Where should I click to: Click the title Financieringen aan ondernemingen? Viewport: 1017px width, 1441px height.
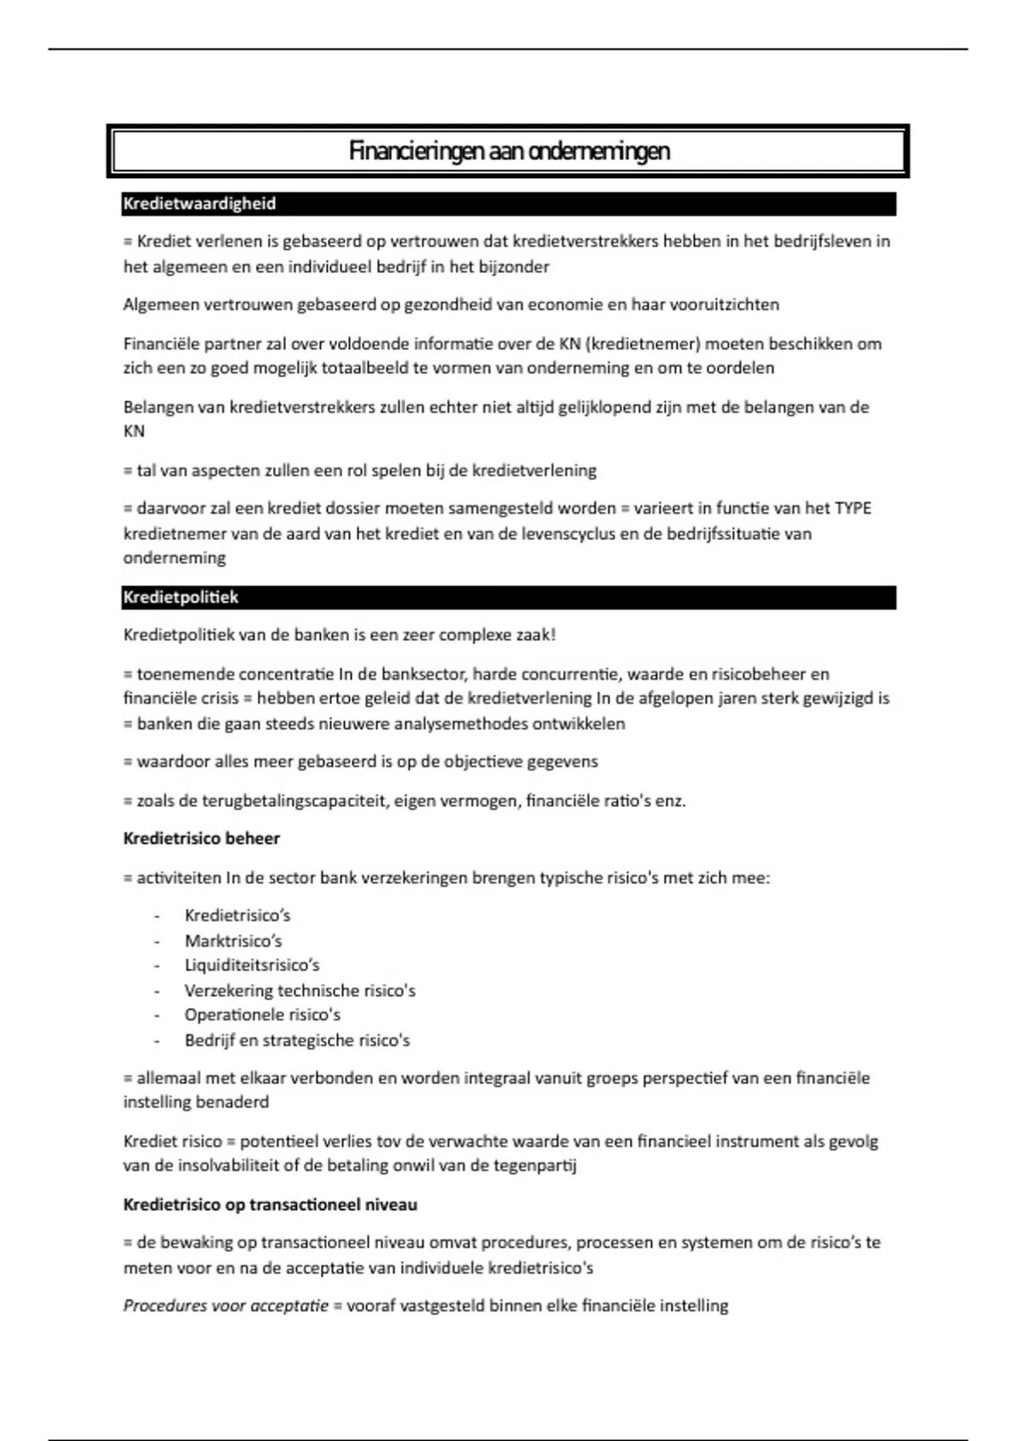click(508, 152)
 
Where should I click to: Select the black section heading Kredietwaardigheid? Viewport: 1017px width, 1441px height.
click(199, 204)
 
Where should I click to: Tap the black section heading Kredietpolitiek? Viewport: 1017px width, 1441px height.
click(181, 598)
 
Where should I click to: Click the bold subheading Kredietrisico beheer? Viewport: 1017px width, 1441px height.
click(201, 838)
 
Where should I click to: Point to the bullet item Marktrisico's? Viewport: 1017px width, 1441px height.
click(233, 941)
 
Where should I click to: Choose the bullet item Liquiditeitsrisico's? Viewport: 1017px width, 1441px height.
click(252, 965)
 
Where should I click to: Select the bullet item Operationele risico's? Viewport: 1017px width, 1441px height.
click(262, 1015)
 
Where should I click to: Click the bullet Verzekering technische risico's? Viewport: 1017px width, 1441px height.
click(300, 990)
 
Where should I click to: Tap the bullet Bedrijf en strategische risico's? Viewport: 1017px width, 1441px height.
click(297, 1040)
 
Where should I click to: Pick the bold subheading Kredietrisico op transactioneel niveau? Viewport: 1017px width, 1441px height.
click(270, 1205)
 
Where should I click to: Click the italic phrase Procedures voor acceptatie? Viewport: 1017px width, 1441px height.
click(225, 1305)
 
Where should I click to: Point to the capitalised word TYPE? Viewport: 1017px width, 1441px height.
click(853, 509)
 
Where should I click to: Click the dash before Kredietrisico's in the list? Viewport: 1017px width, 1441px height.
click(157, 916)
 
